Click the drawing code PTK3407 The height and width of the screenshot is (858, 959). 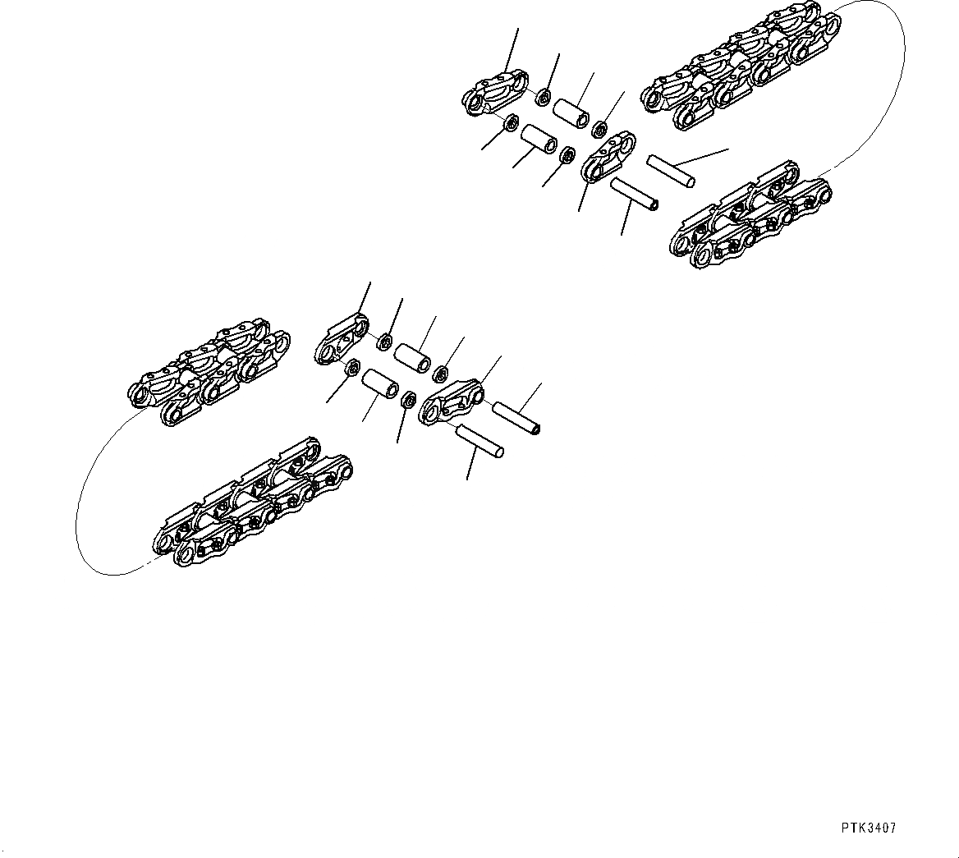click(867, 828)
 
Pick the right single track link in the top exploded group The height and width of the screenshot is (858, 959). click(610, 158)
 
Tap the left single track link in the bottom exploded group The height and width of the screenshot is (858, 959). click(340, 337)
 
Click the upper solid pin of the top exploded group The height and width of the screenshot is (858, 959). click(672, 170)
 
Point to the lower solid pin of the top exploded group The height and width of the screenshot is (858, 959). click(635, 194)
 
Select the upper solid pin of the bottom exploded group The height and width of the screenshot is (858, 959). click(516, 418)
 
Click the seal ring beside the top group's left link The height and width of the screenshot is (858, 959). click(543, 99)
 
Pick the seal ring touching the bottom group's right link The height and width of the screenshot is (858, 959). click(406, 400)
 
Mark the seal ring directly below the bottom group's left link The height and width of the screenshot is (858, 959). click(351, 366)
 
